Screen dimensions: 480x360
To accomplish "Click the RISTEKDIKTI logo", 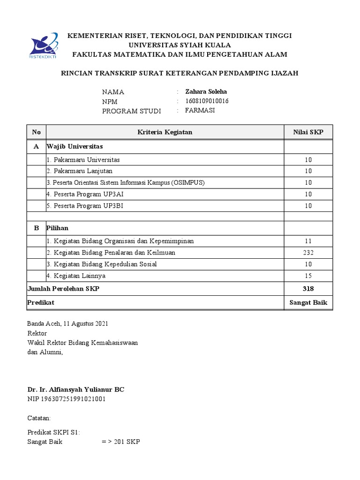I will point(43,46).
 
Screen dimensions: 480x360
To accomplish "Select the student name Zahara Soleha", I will point(206,91).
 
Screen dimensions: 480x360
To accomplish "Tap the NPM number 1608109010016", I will point(207,101).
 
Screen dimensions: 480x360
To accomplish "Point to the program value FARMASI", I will point(200,111).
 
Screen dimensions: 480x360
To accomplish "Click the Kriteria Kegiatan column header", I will point(165,133).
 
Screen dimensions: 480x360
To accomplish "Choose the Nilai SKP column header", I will point(308,133).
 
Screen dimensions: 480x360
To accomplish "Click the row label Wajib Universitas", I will point(75,147).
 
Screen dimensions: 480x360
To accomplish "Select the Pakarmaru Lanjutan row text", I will point(79,171).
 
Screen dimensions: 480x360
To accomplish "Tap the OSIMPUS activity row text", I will point(126,182).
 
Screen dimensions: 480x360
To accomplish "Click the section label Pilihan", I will point(57,228).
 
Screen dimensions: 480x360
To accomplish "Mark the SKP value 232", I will point(308,253).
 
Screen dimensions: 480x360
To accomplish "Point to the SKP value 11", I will point(308,241).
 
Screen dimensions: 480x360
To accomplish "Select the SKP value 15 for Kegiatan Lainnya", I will point(308,276).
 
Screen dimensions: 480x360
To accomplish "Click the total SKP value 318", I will point(308,289).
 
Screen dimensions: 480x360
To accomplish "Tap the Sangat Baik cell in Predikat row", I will point(308,303).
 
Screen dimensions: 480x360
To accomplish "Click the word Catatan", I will point(39,418).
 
